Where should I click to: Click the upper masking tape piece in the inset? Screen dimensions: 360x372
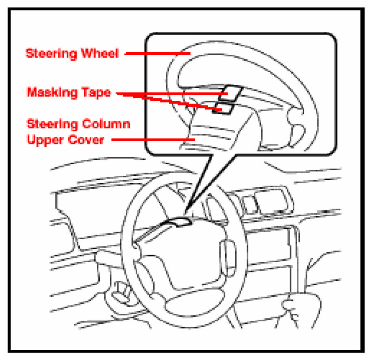point(231,93)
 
